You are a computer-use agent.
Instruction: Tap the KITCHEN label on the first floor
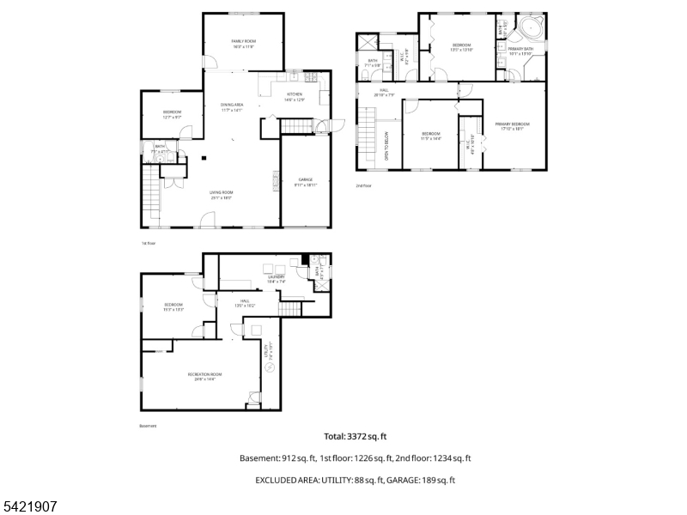coord(295,94)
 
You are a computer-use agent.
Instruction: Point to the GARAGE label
coord(306,180)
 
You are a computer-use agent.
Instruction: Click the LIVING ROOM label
coord(222,193)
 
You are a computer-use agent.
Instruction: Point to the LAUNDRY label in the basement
coord(276,277)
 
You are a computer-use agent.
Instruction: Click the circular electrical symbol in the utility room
coord(270,368)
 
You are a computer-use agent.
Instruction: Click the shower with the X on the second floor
coord(368,42)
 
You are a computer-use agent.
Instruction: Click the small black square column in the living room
coord(204,157)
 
